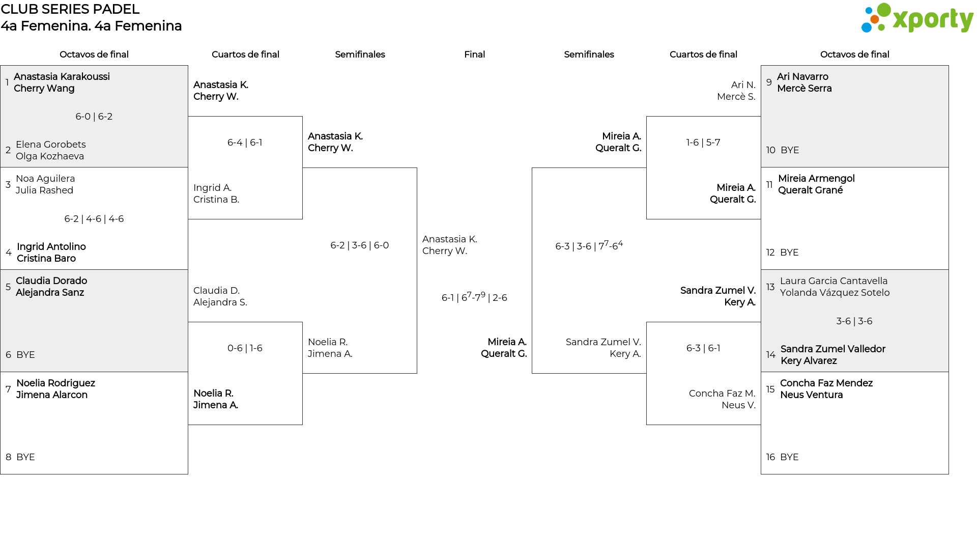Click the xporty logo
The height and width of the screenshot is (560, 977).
click(x=917, y=18)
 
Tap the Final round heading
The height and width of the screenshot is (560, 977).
click(x=474, y=54)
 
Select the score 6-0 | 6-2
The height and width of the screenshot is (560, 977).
click(x=94, y=117)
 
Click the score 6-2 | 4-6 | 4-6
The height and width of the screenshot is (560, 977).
click(x=94, y=219)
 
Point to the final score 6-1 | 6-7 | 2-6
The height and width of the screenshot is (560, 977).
click(x=474, y=297)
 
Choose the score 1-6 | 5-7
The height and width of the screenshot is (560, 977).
click(x=703, y=143)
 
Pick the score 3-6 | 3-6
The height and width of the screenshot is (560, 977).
click(x=854, y=321)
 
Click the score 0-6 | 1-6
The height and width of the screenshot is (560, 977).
click(x=245, y=348)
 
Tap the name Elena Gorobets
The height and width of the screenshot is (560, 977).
click(x=51, y=145)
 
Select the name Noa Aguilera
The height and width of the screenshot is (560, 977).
click(x=45, y=179)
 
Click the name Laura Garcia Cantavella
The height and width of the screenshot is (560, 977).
click(x=834, y=281)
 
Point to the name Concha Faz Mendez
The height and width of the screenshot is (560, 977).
click(x=826, y=383)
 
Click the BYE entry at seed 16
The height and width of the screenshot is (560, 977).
click(x=789, y=457)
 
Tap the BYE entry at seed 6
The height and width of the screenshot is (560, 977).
click(x=25, y=355)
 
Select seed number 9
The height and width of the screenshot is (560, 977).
click(x=769, y=82)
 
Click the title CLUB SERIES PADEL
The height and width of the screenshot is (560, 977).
click(x=70, y=9)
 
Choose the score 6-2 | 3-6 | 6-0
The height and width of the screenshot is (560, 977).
click(x=360, y=245)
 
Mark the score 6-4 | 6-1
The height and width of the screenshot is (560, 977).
click(x=245, y=143)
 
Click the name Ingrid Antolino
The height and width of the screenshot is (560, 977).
click(x=51, y=247)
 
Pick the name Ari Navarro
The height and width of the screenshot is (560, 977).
click(x=802, y=77)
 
